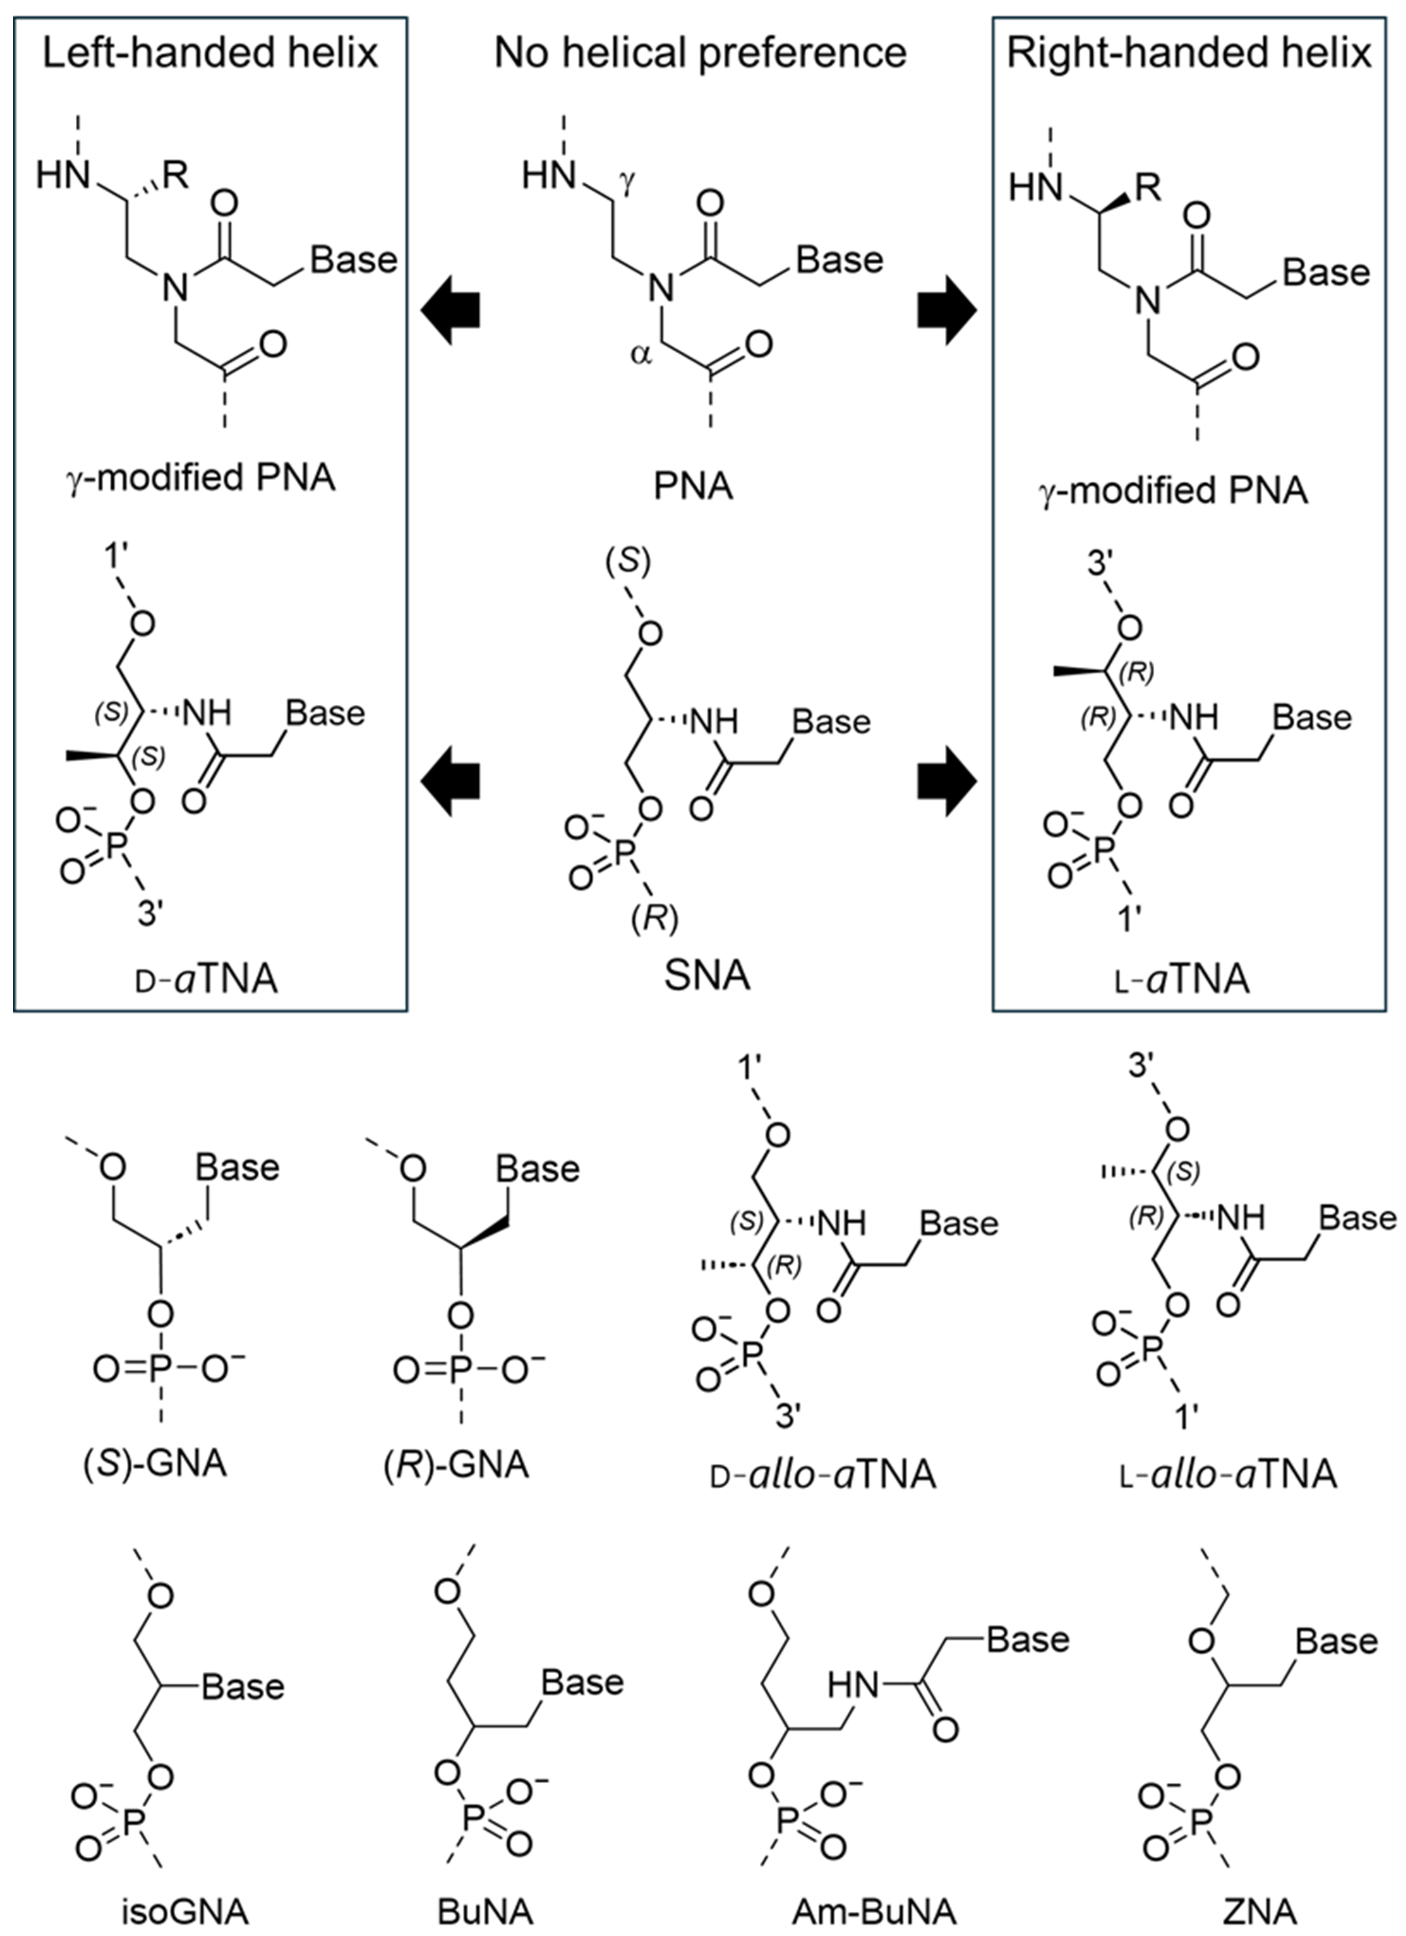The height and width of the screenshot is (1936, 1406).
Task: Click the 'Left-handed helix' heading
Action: coord(210,53)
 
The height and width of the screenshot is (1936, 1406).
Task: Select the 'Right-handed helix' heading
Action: coord(1189,53)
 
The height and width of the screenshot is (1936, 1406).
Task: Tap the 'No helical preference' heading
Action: coord(700,53)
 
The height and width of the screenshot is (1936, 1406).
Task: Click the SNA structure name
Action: coord(707,975)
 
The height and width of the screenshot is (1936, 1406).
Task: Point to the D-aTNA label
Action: coord(207,979)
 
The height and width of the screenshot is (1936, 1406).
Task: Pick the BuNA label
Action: coord(485,1911)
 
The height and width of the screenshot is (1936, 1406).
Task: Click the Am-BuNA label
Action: coord(874,1911)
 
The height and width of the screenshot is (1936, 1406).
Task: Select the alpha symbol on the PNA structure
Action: coord(640,354)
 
